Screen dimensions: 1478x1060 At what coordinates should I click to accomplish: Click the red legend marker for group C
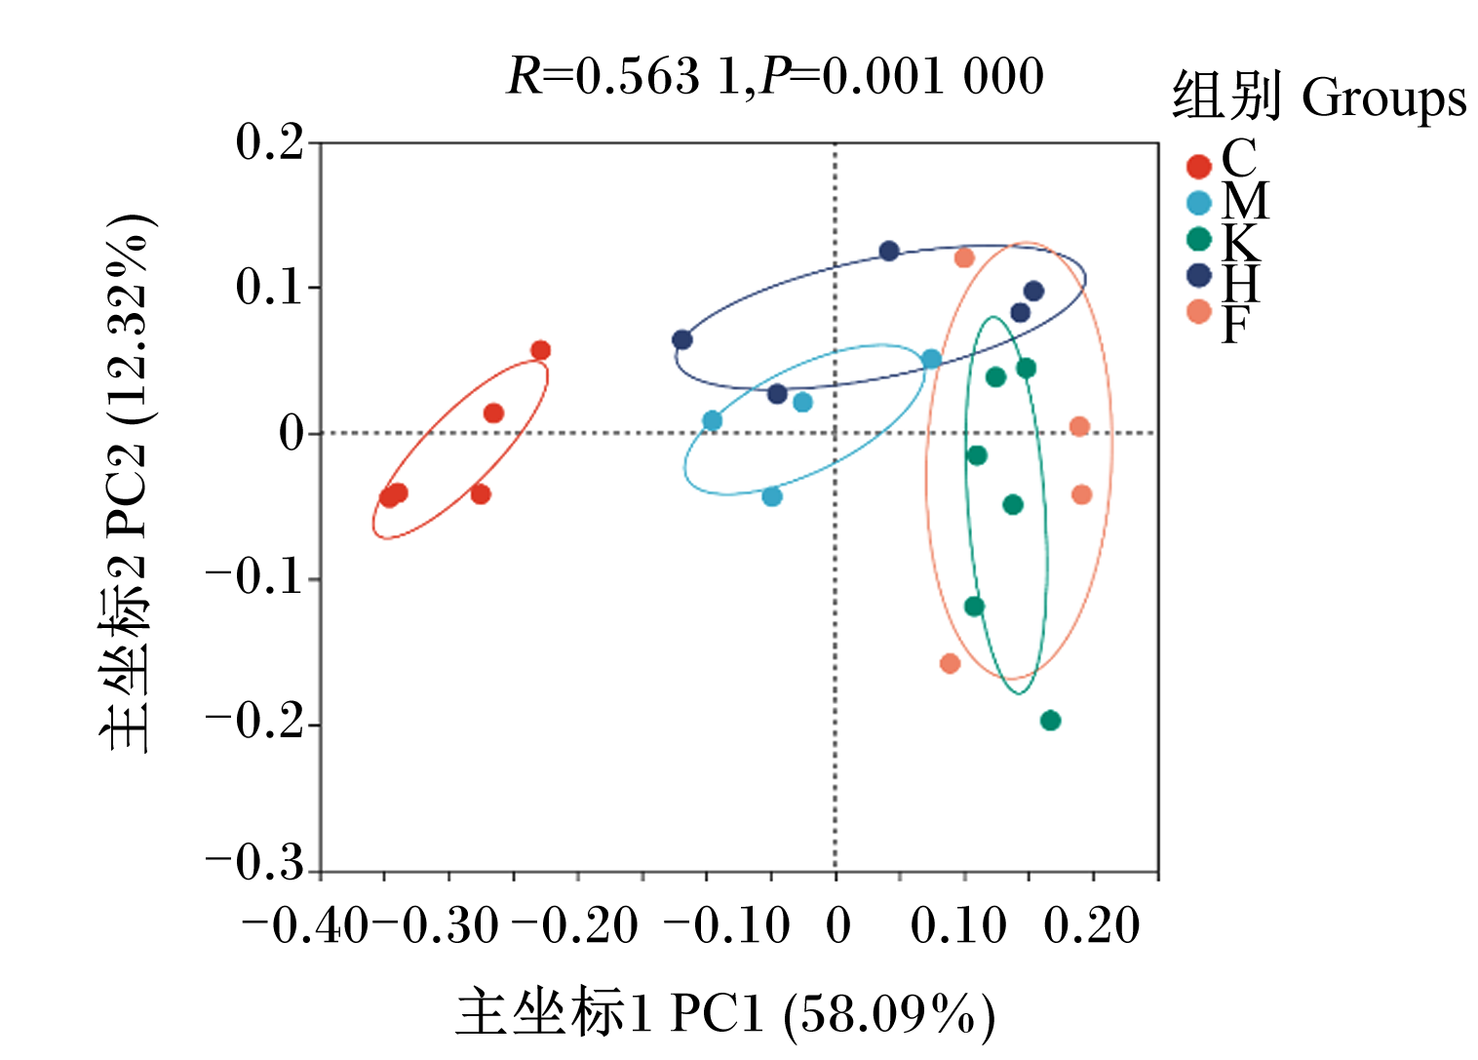click(x=1198, y=167)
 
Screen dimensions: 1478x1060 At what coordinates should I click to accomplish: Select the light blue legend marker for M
click(x=1198, y=203)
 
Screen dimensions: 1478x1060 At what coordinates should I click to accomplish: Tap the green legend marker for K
click(x=1198, y=239)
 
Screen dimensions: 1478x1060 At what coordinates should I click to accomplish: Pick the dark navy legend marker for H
click(x=1198, y=275)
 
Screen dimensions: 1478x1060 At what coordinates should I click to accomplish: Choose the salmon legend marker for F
click(x=1198, y=311)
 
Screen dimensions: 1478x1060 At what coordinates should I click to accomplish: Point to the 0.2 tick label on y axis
click(x=270, y=142)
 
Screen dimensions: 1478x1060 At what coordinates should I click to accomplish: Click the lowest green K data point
click(x=1050, y=720)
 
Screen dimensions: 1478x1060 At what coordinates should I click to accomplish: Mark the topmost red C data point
click(x=540, y=350)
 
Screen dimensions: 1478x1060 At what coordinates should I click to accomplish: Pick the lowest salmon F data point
click(x=950, y=663)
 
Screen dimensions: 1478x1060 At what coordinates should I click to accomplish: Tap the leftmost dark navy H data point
click(x=682, y=340)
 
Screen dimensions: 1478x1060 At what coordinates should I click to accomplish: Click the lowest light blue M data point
click(x=772, y=496)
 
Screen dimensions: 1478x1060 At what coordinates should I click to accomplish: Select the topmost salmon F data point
click(x=964, y=257)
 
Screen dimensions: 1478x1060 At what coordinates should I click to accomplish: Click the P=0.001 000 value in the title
click(x=902, y=77)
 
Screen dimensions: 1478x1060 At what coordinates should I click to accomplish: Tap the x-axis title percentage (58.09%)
click(x=889, y=1016)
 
